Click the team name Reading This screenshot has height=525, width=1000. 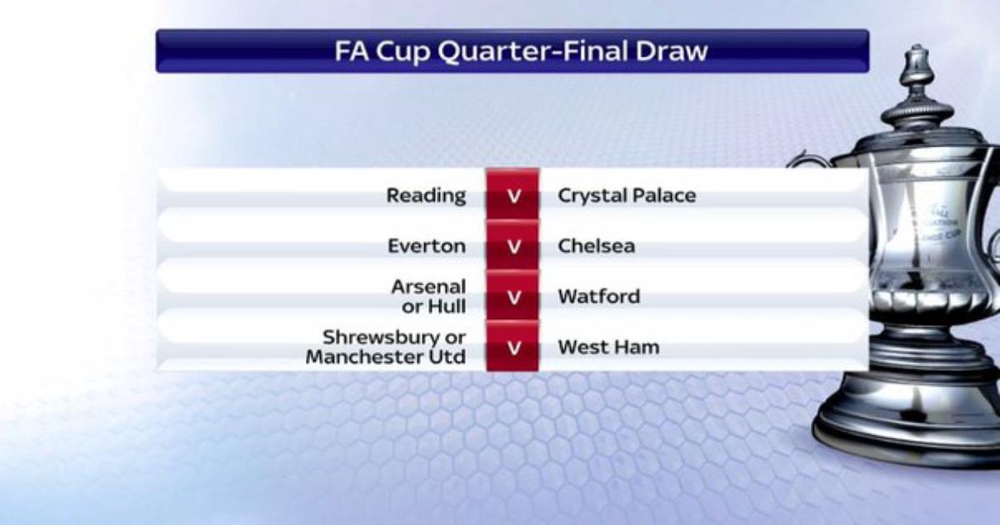(x=426, y=196)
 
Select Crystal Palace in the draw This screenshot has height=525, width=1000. (x=627, y=196)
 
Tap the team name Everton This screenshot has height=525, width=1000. (x=427, y=246)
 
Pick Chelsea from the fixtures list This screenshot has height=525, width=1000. (x=597, y=246)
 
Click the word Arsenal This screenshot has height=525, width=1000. (x=428, y=287)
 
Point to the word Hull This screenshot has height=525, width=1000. (x=447, y=307)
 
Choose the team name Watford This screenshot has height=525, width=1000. (x=599, y=297)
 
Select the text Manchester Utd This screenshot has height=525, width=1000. (x=386, y=357)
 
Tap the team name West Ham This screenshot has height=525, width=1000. (x=608, y=347)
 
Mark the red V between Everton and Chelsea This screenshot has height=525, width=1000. (x=514, y=247)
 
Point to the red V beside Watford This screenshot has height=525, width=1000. (x=514, y=297)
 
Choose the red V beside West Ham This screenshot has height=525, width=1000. (x=514, y=347)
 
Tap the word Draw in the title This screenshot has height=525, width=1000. (x=672, y=51)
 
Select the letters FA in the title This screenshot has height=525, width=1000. (x=352, y=51)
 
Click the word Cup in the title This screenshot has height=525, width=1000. (x=403, y=52)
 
